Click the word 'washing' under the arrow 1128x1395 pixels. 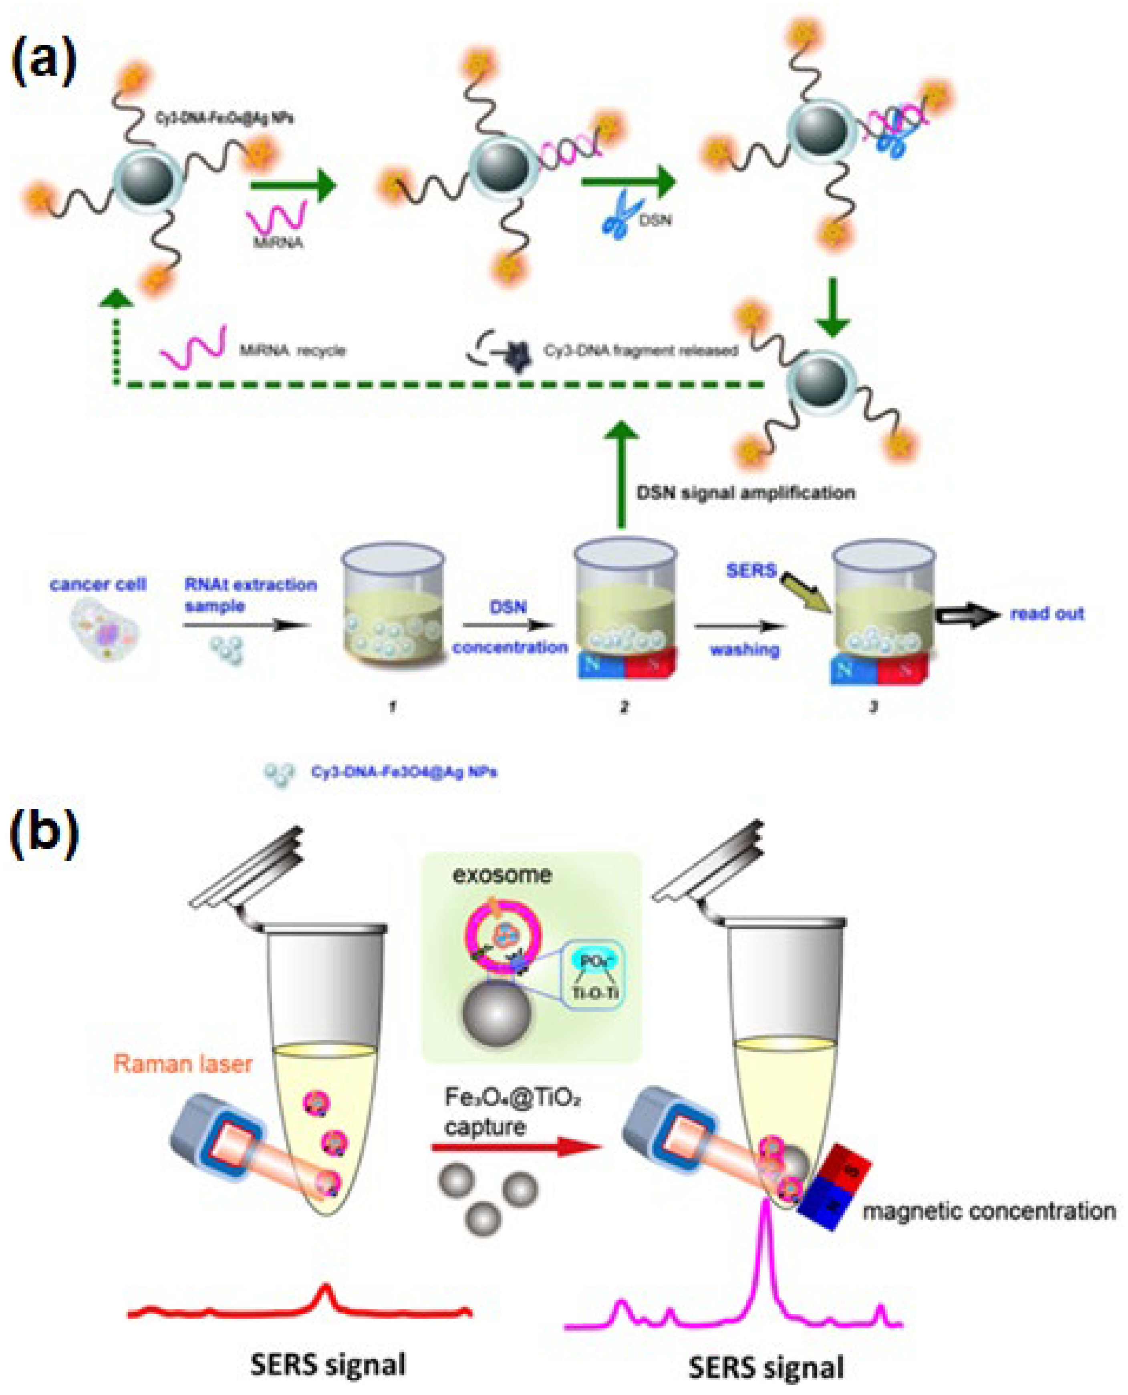click(744, 649)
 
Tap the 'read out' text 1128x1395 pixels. click(1047, 614)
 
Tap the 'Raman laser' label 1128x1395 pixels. click(183, 1064)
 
